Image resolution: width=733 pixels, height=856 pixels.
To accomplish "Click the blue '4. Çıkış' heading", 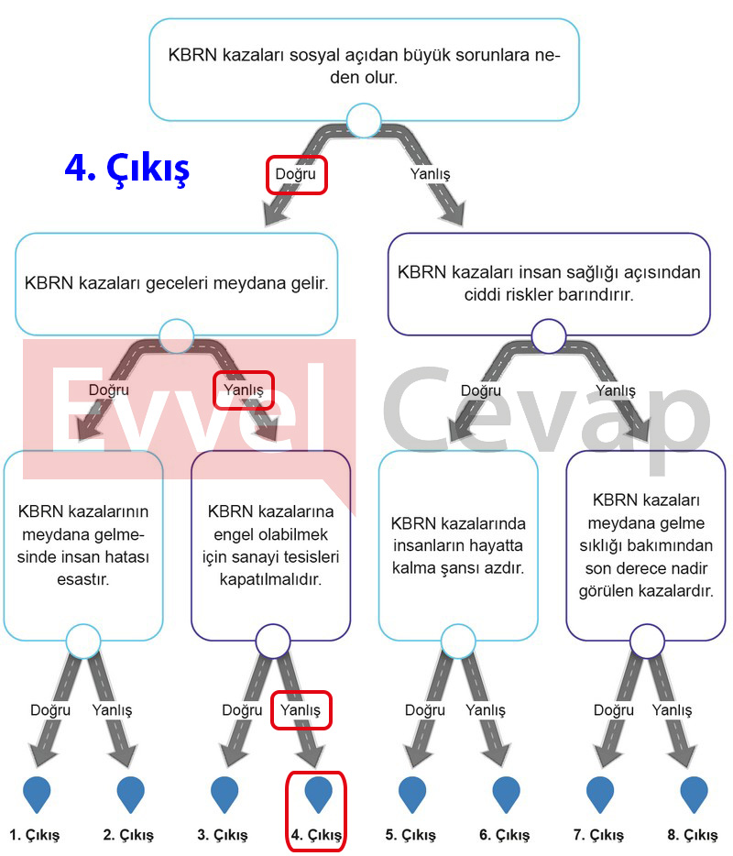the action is tap(127, 168).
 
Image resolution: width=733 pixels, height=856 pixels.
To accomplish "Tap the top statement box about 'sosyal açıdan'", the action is tap(364, 70).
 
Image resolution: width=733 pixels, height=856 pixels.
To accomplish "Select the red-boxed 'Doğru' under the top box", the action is tap(295, 174).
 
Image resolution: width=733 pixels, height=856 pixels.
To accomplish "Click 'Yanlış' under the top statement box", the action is tap(430, 174).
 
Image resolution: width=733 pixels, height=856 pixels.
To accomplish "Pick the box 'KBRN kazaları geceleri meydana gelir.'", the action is tap(176, 284).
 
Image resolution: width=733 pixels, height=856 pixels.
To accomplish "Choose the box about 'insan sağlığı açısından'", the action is tap(549, 284).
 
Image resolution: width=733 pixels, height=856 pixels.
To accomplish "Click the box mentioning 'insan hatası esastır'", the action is tap(83, 544).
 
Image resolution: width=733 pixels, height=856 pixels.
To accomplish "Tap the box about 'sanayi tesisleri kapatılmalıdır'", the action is tap(270, 544).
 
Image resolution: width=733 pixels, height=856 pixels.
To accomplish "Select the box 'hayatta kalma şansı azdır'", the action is tap(458, 544).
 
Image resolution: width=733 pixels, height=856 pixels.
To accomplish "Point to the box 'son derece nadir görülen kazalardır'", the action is tap(646, 544).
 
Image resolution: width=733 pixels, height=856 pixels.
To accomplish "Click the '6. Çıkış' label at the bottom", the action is tap(504, 835).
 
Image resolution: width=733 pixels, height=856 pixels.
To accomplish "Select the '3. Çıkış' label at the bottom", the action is tap(222, 835).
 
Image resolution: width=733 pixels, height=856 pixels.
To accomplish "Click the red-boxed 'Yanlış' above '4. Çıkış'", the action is tap(301, 710).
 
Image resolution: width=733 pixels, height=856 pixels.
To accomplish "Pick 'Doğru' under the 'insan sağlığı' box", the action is tap(481, 390).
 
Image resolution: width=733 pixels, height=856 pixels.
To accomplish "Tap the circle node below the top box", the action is tap(364, 120).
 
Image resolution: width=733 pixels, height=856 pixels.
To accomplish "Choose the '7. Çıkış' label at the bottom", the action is tap(598, 835).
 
